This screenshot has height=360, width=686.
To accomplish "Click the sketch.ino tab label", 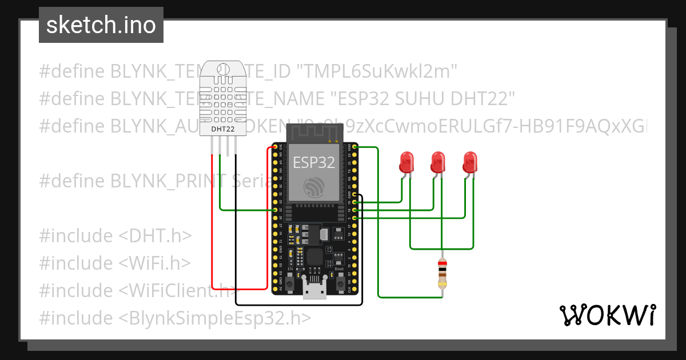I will [101, 25].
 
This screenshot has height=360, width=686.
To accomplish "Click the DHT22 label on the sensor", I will [223, 129].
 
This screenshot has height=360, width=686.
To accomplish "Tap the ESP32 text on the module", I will [314, 162].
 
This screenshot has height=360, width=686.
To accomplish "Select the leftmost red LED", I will [406, 162].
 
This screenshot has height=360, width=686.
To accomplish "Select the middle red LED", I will [438, 162].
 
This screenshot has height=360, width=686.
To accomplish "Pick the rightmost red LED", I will [470, 162].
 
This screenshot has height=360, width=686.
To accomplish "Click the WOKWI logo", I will [607, 315].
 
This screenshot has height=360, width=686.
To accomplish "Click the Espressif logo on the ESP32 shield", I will [314, 187].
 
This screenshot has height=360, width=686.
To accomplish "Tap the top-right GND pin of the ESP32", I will [355, 147].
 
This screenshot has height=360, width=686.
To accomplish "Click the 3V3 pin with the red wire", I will [276, 147].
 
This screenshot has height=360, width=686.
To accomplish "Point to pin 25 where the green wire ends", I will [276, 210].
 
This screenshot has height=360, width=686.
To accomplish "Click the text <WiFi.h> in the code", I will [154, 263].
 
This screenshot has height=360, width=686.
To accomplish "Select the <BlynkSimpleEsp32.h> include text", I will [216, 318].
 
